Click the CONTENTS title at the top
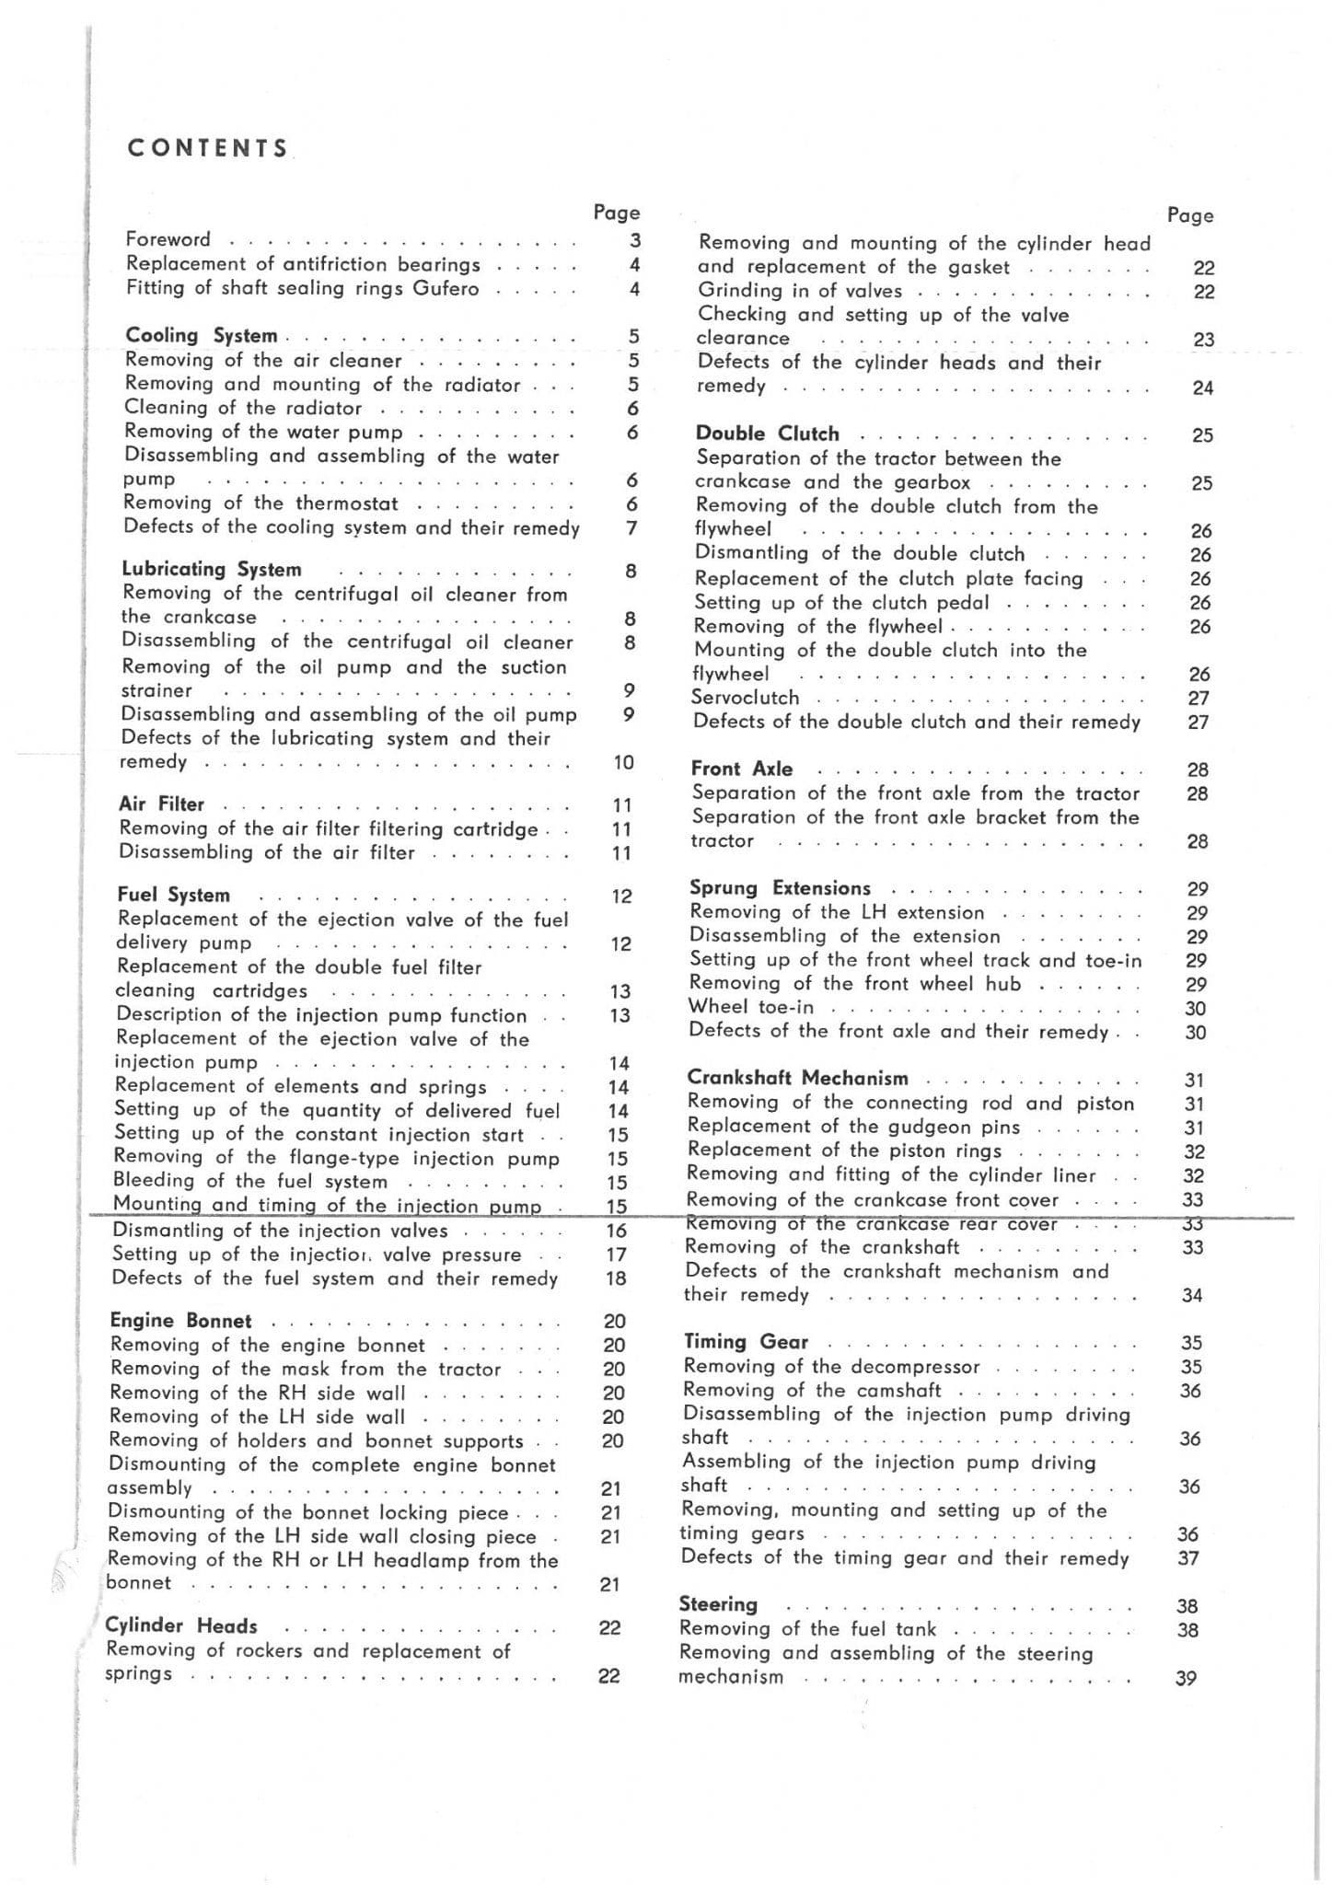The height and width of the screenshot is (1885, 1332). (208, 148)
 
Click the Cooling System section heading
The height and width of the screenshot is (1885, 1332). (201, 336)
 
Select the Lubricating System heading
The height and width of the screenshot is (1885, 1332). (212, 570)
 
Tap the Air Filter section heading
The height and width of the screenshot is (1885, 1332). (161, 804)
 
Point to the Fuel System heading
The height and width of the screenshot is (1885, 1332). (174, 895)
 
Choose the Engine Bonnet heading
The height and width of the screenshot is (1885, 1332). (180, 1321)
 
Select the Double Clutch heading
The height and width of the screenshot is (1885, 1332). (768, 434)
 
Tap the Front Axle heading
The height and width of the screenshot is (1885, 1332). (742, 769)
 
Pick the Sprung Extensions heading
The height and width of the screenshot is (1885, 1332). (780, 888)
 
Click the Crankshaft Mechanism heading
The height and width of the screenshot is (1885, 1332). (797, 1078)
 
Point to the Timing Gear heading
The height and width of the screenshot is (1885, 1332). (746, 1342)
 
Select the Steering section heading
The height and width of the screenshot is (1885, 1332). (718, 1604)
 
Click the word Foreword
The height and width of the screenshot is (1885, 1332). (168, 239)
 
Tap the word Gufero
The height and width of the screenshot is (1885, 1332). (446, 288)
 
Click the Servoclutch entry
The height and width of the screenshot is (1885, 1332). (746, 698)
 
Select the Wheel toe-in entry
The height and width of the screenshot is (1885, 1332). (751, 1007)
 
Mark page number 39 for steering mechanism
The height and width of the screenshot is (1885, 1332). (1186, 1678)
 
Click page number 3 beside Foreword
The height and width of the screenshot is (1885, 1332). (634, 241)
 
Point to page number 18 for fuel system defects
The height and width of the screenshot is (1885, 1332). (616, 1278)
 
